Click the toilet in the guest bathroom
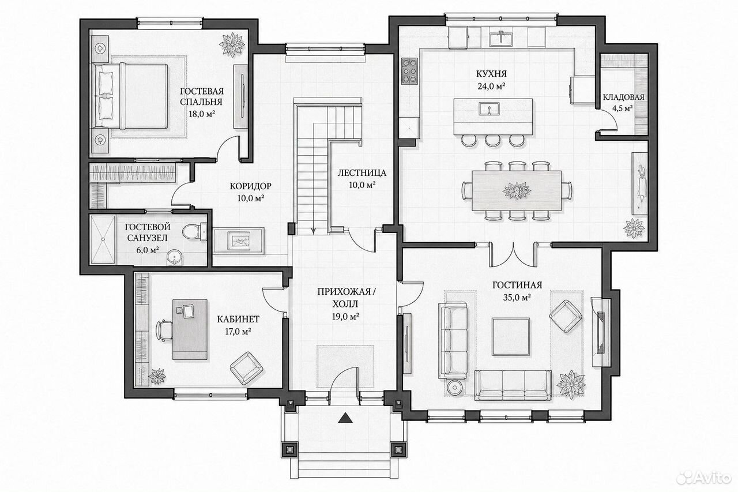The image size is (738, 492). coord(194,231)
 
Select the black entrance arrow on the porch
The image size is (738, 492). coord(345,418)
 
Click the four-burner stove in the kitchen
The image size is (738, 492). coord(409,70)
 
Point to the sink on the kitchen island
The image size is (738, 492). coord(489,108)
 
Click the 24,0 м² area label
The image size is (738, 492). coord(492,87)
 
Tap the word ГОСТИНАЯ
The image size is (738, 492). coord(517,285)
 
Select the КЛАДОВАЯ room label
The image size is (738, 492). coord(623,97)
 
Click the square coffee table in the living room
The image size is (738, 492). coord(511,336)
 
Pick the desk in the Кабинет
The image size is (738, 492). coord(190,329)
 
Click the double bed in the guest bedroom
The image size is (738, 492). coord(131,96)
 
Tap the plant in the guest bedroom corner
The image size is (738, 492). coord(232,44)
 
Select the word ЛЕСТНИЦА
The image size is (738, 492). coord(362,173)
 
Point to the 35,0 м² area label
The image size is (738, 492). coord(517,298)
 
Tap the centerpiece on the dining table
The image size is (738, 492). coord(517,191)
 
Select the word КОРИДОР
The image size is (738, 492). coord(251,186)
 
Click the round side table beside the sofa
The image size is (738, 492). coord(455,388)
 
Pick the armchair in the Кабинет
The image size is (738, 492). coord(246,368)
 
